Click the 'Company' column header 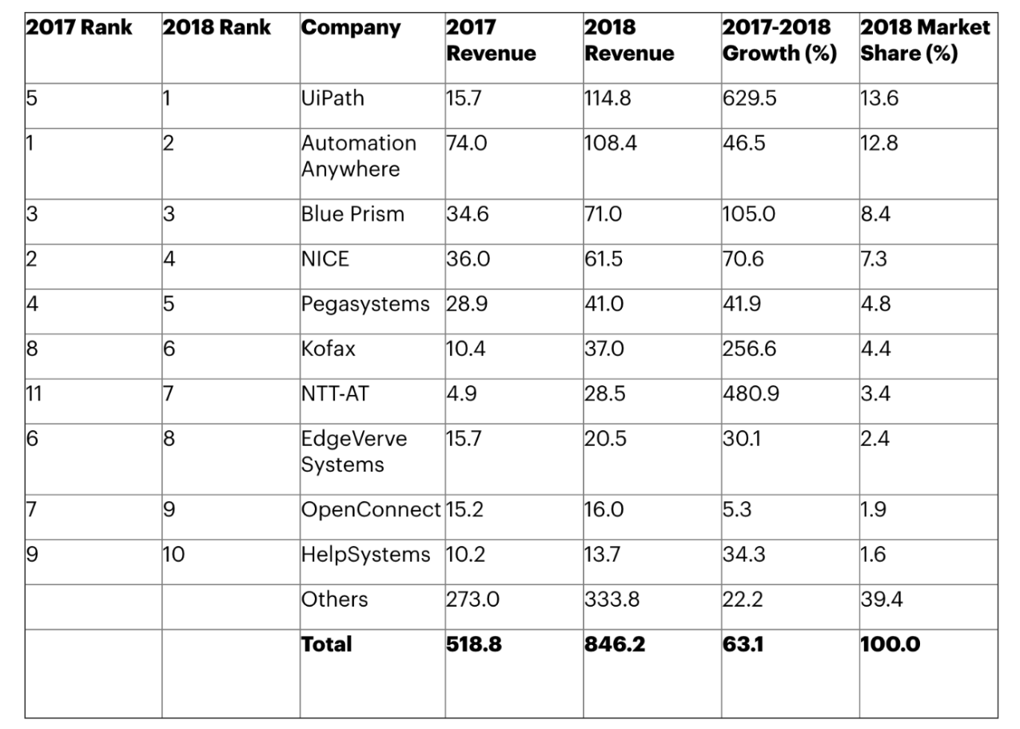(351, 28)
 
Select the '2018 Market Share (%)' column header (925, 41)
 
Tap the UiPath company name (333, 98)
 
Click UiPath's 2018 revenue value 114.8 (612, 98)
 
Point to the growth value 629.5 (751, 98)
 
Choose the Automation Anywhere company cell (359, 156)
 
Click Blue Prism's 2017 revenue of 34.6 (466, 214)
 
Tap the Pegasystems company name (365, 305)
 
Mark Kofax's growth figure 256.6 (751, 349)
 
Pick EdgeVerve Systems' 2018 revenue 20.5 (606, 439)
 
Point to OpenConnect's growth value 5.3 (737, 510)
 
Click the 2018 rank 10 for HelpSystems (173, 555)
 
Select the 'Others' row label (334, 600)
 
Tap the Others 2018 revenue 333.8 (612, 600)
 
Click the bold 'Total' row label (326, 644)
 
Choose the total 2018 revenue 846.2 (615, 644)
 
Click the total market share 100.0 (890, 644)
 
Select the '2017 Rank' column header (78, 28)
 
